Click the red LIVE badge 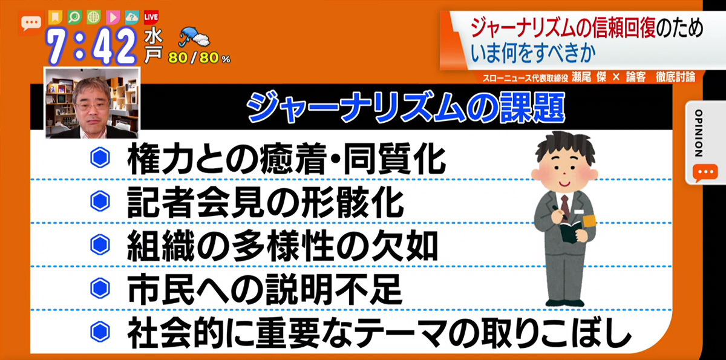(x=151, y=17)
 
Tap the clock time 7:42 (x=92, y=46)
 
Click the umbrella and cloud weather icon (x=194, y=38)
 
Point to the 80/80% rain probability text (x=199, y=58)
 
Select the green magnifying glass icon (x=74, y=17)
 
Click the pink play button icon (x=113, y=17)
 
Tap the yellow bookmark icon (x=56, y=17)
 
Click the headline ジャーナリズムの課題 (x=406, y=107)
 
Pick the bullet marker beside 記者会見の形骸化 (x=100, y=201)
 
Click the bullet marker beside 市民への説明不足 (x=100, y=288)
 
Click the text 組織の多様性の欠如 (x=283, y=245)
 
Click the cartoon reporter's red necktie (x=565, y=208)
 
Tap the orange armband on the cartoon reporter (x=589, y=221)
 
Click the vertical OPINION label (x=699, y=133)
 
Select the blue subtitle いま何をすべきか (x=534, y=53)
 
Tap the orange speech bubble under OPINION (x=705, y=172)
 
